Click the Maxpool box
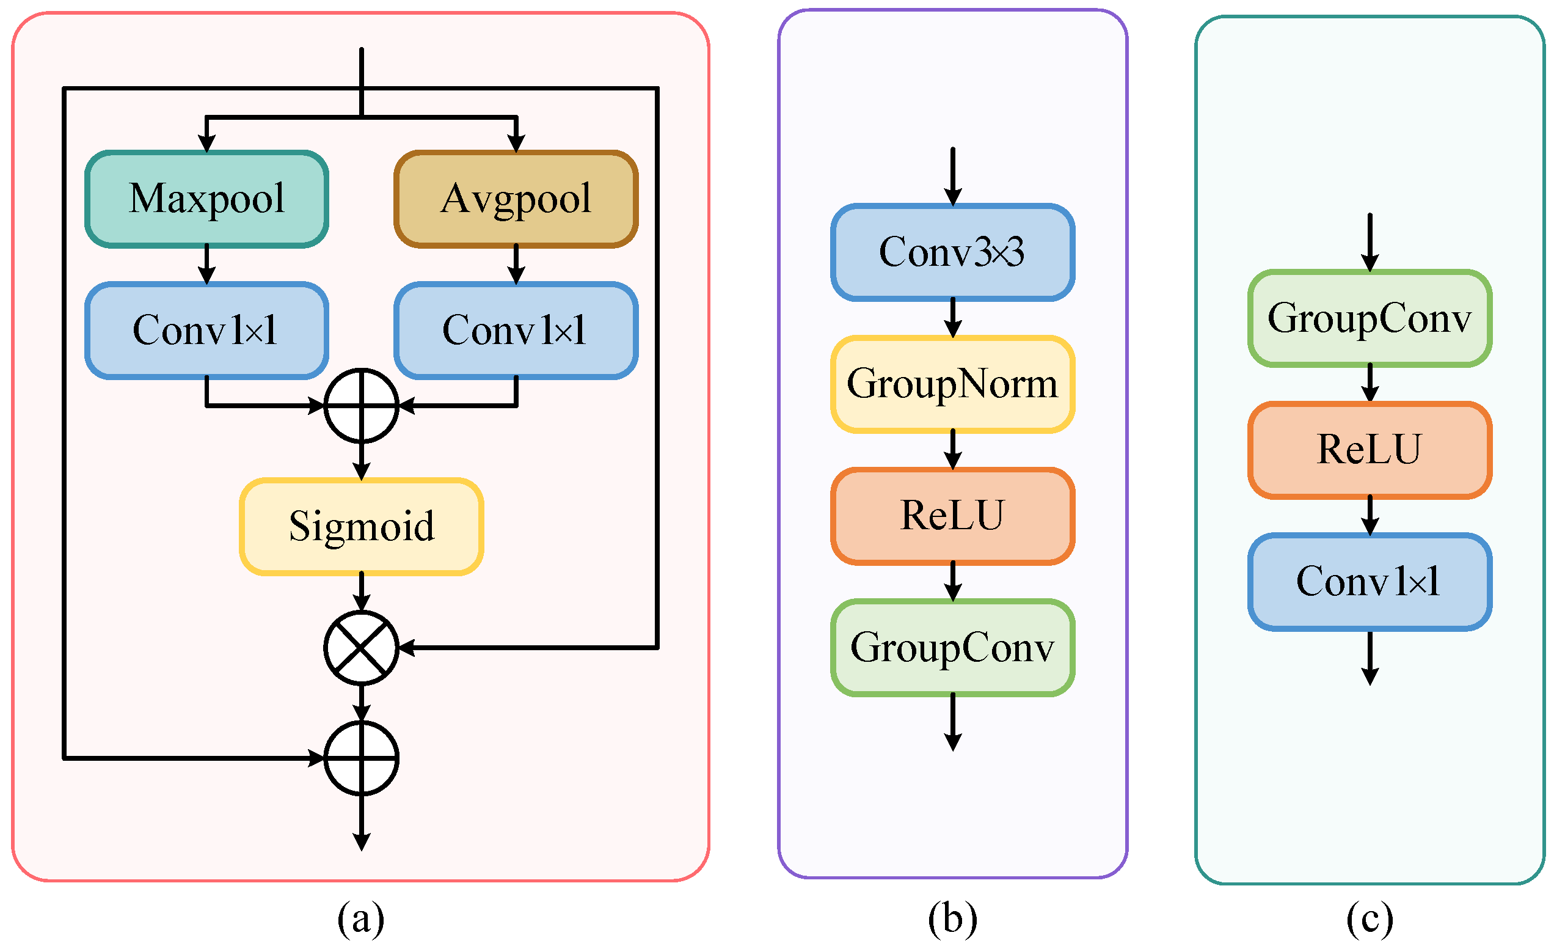pos(207,199)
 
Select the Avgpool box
pos(516,199)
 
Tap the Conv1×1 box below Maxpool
pos(207,330)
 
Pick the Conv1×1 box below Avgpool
pos(516,330)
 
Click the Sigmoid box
pos(362,526)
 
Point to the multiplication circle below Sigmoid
pos(362,647)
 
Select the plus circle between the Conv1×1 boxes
pos(362,406)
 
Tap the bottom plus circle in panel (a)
pos(362,758)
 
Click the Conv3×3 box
pos(952,252)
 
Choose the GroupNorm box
pos(952,384)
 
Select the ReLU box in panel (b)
pos(952,516)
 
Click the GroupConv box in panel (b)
pos(952,647)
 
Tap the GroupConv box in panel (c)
pos(1369,318)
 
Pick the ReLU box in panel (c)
pos(1369,450)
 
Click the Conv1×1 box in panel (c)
pos(1369,581)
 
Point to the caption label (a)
pos(361,918)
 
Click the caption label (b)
pos(952,918)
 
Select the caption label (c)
pos(1369,918)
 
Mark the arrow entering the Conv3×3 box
pos(952,177)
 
